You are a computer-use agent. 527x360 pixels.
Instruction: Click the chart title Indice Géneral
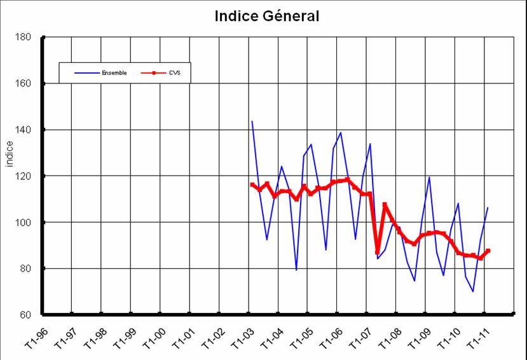[x=267, y=16]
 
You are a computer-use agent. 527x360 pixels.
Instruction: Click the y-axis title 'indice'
[x=10, y=155]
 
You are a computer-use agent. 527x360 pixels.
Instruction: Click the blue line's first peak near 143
[x=252, y=121]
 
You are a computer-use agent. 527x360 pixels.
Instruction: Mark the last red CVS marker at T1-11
[x=488, y=251]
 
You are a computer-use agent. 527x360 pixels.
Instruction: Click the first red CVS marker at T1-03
[x=252, y=185]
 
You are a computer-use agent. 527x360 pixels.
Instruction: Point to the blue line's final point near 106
[x=488, y=208]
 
